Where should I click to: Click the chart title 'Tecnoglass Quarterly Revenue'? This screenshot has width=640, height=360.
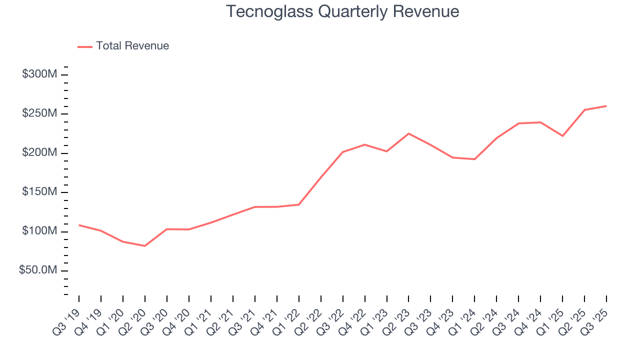pos(342,11)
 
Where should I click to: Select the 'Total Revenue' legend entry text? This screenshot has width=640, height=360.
pos(132,46)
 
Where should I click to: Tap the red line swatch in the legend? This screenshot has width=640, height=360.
pos(85,46)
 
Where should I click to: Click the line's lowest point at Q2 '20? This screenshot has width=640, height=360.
pos(145,246)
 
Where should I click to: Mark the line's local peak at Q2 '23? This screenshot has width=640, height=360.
pos(408,133)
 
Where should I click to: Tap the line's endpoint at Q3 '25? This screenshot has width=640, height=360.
pos(606,106)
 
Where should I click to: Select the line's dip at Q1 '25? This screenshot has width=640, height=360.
pos(562,136)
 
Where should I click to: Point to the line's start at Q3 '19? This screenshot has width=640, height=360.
pos(79,225)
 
